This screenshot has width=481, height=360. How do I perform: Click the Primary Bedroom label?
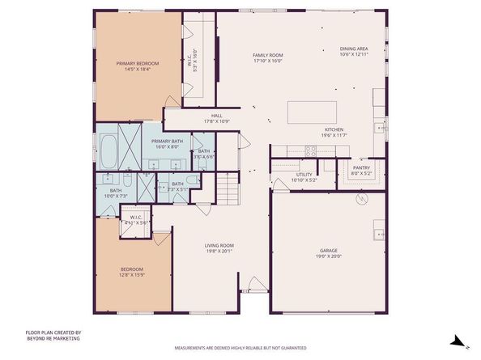tap(137, 63)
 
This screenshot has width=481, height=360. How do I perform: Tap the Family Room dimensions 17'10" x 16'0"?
tap(267, 61)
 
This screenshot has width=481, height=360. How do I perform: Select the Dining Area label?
tap(354, 49)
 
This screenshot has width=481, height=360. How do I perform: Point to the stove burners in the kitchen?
tap(309, 150)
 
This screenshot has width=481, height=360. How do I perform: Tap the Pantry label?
tap(360, 168)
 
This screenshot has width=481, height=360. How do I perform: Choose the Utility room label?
tap(304, 174)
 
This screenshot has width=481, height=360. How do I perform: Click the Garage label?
tap(328, 252)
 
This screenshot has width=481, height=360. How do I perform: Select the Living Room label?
tap(219, 245)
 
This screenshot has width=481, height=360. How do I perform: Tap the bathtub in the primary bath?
tap(107, 149)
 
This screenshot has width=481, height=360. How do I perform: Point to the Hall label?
tap(216, 116)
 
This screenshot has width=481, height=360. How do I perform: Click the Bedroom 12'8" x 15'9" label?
tap(132, 269)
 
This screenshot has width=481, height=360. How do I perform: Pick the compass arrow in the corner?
tap(458, 342)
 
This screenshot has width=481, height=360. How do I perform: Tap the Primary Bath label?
tap(167, 142)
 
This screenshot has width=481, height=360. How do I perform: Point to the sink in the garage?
tap(378, 235)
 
